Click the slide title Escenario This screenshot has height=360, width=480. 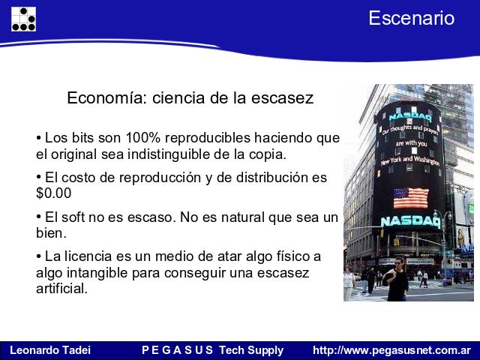pyautogui.click(x=412, y=18)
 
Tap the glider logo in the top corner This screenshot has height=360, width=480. pyautogui.click(x=23, y=19)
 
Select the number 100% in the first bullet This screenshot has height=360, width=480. pyautogui.click(x=143, y=138)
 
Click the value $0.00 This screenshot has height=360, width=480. pyautogui.click(x=54, y=193)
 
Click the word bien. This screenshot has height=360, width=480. pyautogui.click(x=51, y=233)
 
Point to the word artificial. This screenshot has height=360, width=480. pyautogui.click(x=61, y=288)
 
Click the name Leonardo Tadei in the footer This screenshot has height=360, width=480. pyautogui.click(x=50, y=350)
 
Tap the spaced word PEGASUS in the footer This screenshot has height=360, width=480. pyautogui.click(x=177, y=350)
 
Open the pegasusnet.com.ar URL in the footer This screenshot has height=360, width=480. pyautogui.click(x=391, y=350)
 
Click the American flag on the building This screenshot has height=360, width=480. pyautogui.click(x=411, y=198)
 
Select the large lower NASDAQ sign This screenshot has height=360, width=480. pyautogui.click(x=410, y=222)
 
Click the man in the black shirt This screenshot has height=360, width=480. pyautogui.click(x=397, y=280)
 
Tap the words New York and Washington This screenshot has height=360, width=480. pyautogui.click(x=410, y=160)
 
